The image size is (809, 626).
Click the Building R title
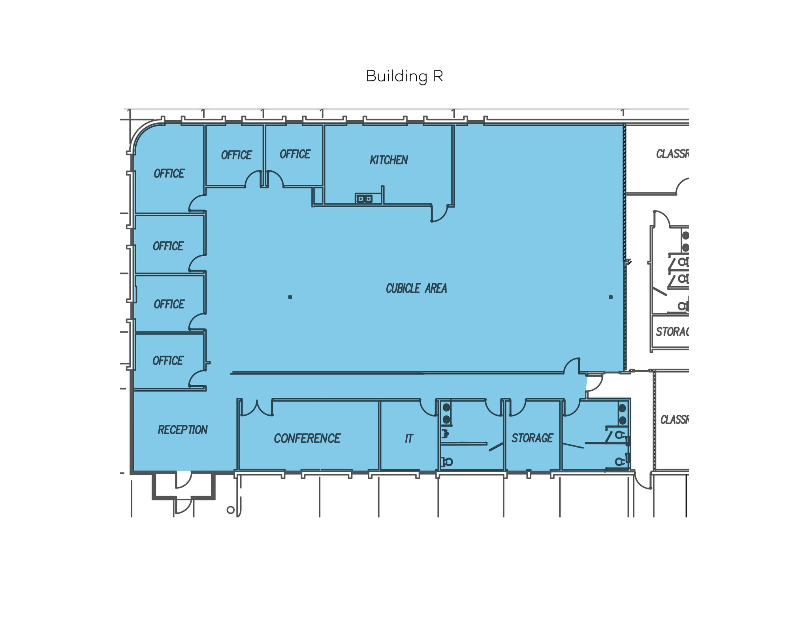(x=404, y=76)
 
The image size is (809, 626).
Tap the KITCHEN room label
(x=389, y=160)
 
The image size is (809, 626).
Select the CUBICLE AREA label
(x=416, y=289)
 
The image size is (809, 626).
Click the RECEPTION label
(x=182, y=430)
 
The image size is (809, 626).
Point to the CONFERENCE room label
(x=307, y=438)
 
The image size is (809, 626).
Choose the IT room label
(x=409, y=439)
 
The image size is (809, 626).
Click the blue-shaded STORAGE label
(x=532, y=438)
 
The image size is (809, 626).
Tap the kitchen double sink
(x=364, y=199)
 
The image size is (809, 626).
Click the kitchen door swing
(x=439, y=214)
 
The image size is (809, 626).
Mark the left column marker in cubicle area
(x=290, y=297)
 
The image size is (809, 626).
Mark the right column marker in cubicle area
(x=610, y=297)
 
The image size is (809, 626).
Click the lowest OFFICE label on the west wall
(x=168, y=361)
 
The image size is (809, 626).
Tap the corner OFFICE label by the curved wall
(x=169, y=174)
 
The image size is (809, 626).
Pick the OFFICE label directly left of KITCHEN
(x=295, y=154)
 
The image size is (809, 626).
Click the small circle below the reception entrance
(x=230, y=510)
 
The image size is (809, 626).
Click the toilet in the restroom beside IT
(x=448, y=461)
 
